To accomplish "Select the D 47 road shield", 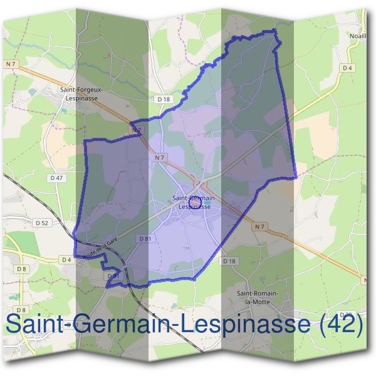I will pos(56,178).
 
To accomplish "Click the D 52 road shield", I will pos(42,223).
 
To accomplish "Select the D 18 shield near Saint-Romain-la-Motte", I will pos(229,261).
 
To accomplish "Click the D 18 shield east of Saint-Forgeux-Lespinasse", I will pos(164,99).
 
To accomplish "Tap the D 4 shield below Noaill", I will pos(348,68).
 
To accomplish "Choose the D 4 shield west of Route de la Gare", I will pos(66,259).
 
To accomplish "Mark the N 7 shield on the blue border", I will pos(137,130).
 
